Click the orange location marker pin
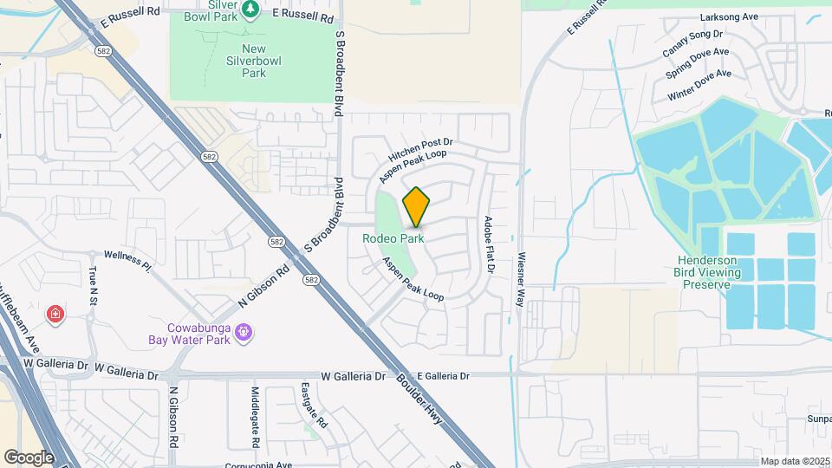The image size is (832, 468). [417, 207]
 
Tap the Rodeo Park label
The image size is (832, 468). [400, 237]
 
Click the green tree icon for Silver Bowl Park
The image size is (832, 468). [251, 9]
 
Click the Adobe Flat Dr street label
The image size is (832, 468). [489, 245]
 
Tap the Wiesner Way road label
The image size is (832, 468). [521, 280]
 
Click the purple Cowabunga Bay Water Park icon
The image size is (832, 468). [244, 331]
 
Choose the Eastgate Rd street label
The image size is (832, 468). [316, 406]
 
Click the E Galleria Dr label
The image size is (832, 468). [442, 376]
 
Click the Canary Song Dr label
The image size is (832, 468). [692, 44]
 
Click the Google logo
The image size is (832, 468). [29, 457]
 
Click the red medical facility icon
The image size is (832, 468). [55, 313]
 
